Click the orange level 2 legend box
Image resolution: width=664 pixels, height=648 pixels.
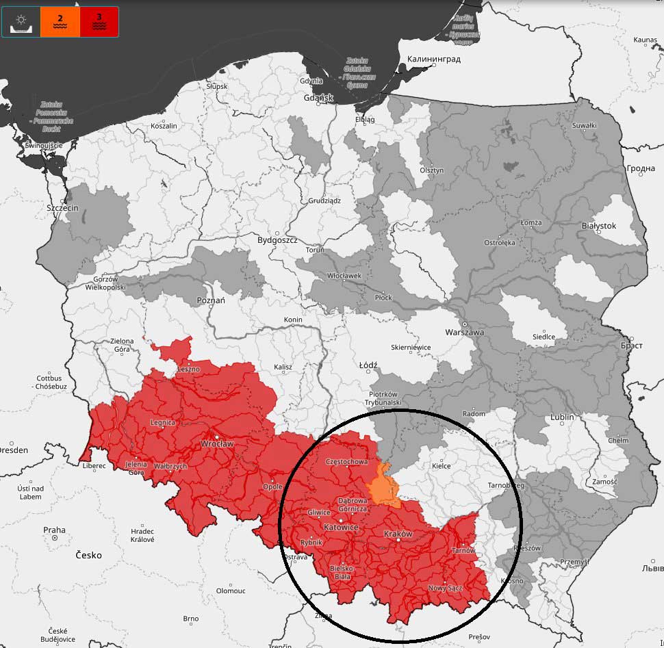pos(60,21)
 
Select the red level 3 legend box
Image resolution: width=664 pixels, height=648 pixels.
pos(99,21)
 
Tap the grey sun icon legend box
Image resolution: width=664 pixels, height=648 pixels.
pos(21,21)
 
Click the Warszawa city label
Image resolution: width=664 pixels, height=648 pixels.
pos(464,333)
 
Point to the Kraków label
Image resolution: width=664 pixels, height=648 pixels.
pos(398,534)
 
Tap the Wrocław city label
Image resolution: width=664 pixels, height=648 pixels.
pos(216,443)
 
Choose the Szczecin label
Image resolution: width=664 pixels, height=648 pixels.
pos(62,208)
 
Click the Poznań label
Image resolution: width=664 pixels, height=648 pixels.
pos(211,300)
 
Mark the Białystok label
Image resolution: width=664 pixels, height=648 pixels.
pos(598,226)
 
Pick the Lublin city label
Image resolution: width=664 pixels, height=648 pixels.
pos(562,417)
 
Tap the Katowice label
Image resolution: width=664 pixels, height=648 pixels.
pos(340,528)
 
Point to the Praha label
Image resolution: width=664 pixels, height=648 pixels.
pos(54,530)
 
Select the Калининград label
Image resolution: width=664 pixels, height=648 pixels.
pos(433,60)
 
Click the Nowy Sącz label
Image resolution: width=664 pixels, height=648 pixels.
pos(446,588)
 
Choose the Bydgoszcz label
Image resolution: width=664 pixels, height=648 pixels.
pos(277,240)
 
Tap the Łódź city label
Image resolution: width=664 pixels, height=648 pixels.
pos(368,365)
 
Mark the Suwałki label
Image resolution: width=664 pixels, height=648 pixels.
pos(584,125)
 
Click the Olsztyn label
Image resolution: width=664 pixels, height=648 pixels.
pos(432,170)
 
